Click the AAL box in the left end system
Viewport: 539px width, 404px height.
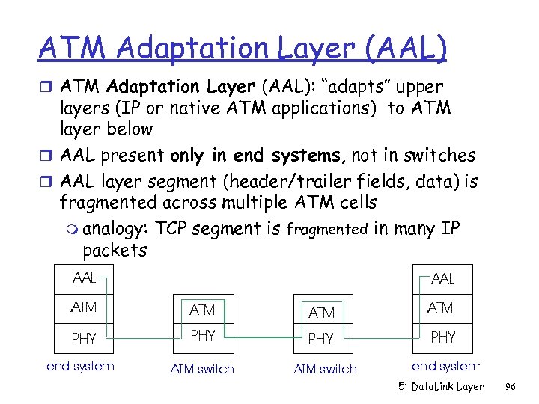point(84,278)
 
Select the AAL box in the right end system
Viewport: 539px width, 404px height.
point(443,278)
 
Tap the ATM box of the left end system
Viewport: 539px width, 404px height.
point(84,307)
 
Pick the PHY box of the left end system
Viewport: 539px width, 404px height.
point(84,338)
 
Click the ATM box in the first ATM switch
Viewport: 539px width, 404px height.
point(202,310)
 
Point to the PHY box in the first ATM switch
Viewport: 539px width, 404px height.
point(202,337)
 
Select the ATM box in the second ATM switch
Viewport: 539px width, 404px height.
point(322,311)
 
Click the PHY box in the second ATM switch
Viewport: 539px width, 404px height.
point(322,338)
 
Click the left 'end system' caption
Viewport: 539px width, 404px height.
point(80,366)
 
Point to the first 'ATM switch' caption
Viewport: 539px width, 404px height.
point(202,369)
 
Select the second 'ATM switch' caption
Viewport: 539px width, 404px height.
point(325,369)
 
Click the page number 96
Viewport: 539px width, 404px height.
point(511,386)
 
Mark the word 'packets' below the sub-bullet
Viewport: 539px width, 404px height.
point(115,250)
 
